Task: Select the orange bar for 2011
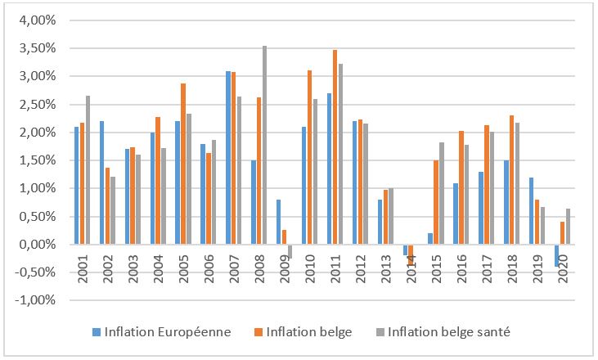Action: (x=335, y=147)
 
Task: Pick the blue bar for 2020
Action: (x=557, y=255)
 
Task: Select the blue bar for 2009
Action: (x=278, y=222)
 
